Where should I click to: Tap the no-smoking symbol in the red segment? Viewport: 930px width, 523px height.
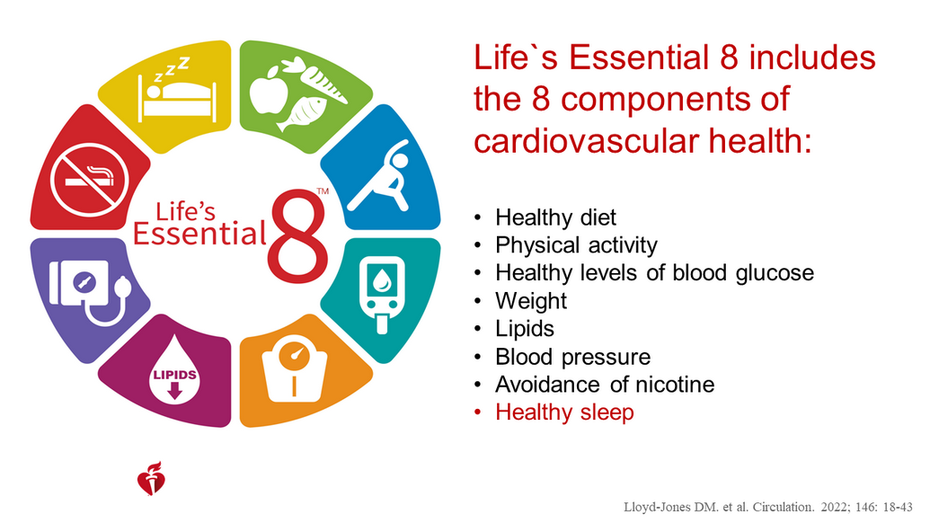point(90,179)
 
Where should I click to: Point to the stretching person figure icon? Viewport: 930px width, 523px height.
point(380,175)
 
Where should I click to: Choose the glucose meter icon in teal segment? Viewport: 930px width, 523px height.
point(382,294)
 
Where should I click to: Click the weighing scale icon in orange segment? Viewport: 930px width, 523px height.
point(294,368)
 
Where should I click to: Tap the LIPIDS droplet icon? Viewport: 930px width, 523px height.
point(174,370)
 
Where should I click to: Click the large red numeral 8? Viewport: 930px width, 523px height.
point(297,235)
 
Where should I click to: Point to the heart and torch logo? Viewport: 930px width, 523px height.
point(151,479)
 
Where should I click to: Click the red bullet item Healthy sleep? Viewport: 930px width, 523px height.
point(564,412)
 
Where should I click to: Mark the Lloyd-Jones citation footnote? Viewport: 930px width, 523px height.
point(768,507)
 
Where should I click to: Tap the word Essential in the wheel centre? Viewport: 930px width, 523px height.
point(199,233)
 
